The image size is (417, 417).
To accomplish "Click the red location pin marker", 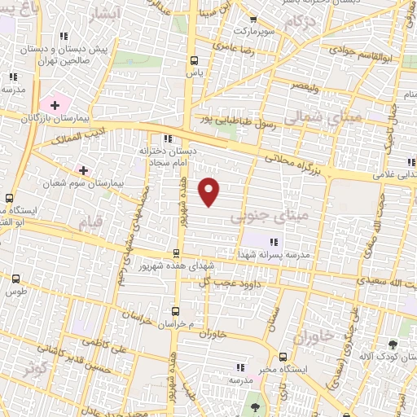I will point(209,191).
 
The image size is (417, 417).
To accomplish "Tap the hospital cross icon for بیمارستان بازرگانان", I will point(55,104).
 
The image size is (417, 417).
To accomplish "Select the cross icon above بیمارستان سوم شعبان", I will point(82,169).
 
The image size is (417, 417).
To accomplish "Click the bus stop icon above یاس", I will point(194,59).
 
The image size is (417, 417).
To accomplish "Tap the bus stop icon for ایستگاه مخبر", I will point(283,357).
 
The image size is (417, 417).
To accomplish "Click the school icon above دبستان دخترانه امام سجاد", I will point(168,138).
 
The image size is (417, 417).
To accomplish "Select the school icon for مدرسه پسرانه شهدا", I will point(273,241).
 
